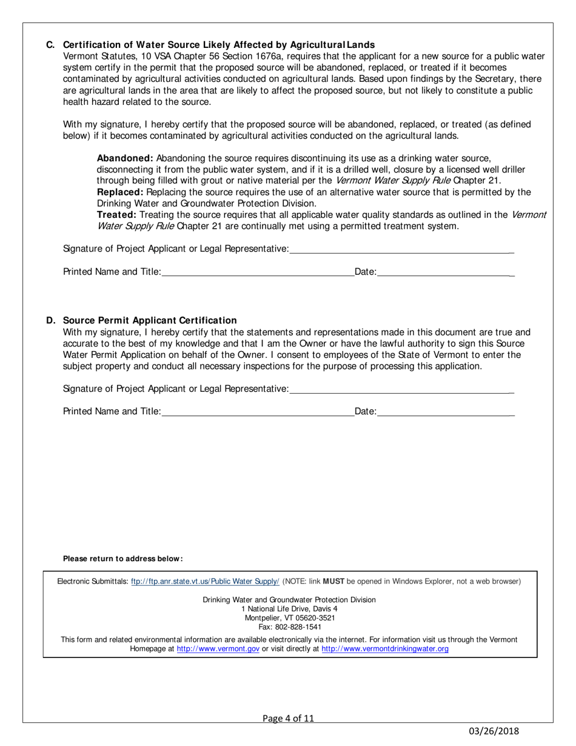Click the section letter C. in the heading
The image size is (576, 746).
click(50, 45)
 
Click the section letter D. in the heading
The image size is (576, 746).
click(50, 320)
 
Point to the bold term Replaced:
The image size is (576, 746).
click(119, 192)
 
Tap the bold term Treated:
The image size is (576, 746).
click(117, 215)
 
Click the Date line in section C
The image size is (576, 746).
click(446, 274)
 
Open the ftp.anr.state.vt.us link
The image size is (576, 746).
click(205, 582)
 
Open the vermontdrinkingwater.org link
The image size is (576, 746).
click(384, 649)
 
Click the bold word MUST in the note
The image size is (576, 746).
click(333, 582)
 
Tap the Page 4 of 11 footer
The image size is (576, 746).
click(289, 719)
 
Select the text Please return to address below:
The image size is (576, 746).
click(123, 559)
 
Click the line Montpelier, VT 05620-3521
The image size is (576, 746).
click(289, 618)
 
